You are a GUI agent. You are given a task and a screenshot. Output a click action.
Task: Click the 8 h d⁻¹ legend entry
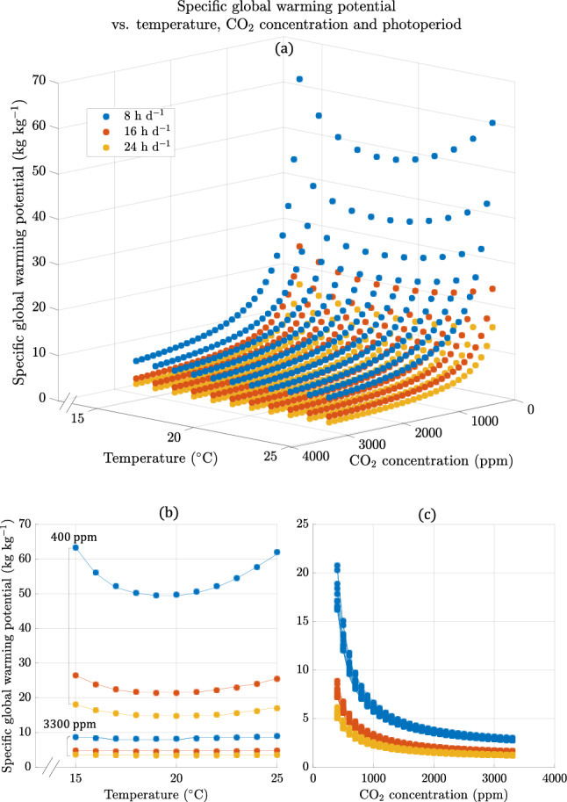139,115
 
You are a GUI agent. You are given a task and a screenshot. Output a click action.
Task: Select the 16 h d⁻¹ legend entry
141,133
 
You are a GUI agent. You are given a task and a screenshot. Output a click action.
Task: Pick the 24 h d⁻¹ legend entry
141,150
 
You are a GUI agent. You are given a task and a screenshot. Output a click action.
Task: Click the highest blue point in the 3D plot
299,79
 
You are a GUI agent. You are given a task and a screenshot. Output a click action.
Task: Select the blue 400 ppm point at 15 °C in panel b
75,547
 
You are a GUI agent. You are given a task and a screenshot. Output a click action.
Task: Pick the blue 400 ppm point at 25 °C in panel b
277,553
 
